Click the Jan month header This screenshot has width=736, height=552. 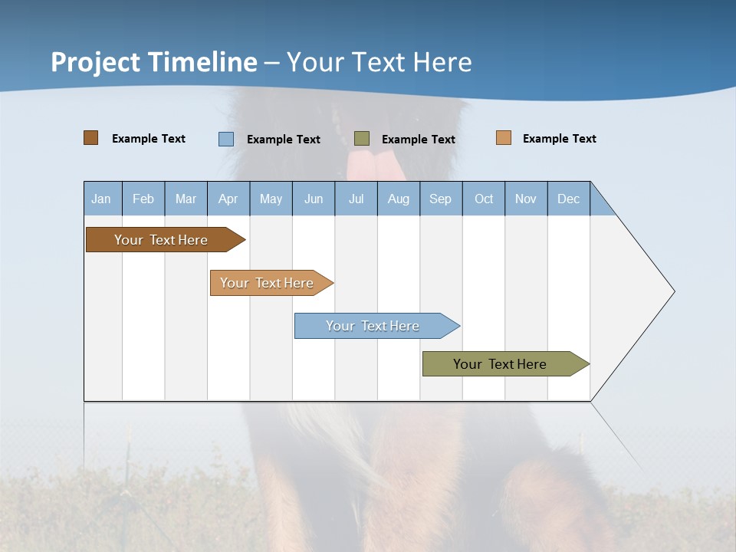point(101,199)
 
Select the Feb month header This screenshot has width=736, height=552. point(143,199)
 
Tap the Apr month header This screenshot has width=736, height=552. point(228,199)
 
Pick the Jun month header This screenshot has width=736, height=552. point(314,199)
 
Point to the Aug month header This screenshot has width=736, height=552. point(398,199)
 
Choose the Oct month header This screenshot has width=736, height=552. point(484,199)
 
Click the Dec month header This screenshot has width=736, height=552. point(568,199)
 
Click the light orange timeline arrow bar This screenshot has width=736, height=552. point(268,283)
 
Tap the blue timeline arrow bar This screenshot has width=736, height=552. point(374,326)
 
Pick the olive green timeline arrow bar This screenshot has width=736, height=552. point(502,364)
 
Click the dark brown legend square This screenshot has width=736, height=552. point(91,138)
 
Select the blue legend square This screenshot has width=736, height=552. point(226,139)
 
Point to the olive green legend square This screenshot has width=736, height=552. point(362,139)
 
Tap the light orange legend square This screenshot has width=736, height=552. point(504,138)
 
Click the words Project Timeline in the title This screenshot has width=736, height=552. point(154,62)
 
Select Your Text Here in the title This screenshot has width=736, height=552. point(379,62)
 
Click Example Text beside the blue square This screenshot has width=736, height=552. point(283,140)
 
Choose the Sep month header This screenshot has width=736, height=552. point(440,199)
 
